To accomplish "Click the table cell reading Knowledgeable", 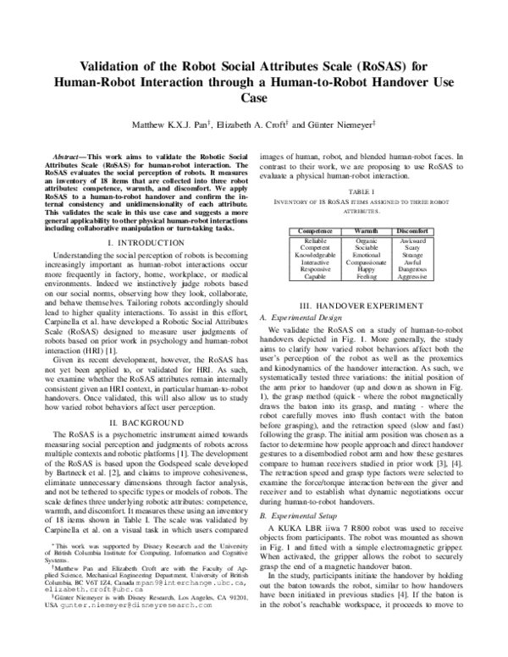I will pyautogui.click(x=311, y=253).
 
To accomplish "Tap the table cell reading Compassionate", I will pyautogui.click(x=366, y=261).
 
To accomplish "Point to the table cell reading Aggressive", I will pyautogui.click(x=417, y=276).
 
